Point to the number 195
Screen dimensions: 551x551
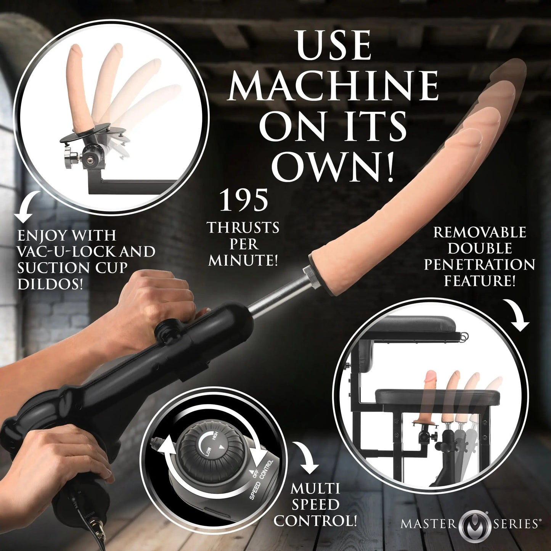click(244, 201)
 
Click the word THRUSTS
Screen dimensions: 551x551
click(243, 228)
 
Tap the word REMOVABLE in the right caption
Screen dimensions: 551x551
click(479, 233)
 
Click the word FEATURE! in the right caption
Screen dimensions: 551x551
click(479, 281)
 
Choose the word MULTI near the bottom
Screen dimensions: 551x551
click(315, 488)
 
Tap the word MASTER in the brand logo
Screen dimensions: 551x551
click(428, 524)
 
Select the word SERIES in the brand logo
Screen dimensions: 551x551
click(516, 524)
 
